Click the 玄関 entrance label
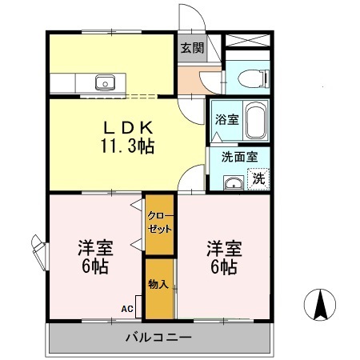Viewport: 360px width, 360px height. tap(191, 47)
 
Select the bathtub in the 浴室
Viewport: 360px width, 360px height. tap(255, 121)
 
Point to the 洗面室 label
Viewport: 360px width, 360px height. tap(238, 157)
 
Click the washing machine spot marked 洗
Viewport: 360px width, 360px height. tap(258, 178)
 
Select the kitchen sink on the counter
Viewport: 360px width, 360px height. tap(105, 82)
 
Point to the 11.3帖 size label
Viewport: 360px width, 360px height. tap(126, 146)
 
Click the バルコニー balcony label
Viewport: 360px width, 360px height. tap(158, 337)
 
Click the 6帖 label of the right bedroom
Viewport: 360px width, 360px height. tap(222, 267)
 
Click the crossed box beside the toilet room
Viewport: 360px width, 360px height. tap(248, 42)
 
